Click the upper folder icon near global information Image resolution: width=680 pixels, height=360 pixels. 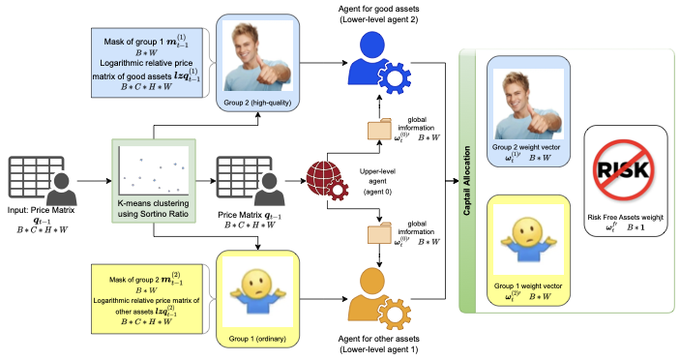(x=381, y=130)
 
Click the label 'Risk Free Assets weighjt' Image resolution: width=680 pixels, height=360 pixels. (x=626, y=222)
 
